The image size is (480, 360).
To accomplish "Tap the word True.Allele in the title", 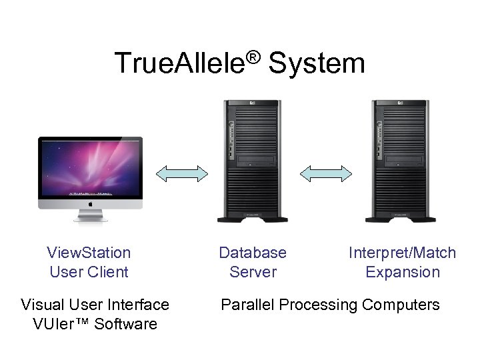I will pos(180,64).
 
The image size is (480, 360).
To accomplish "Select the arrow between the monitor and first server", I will pos(181,173).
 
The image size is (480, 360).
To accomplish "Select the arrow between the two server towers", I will pos(325,173).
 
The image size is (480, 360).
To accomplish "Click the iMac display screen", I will pos(90,167).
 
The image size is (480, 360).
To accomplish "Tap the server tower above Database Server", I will pos(253,160).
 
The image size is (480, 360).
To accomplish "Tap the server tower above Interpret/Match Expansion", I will pos(401,160).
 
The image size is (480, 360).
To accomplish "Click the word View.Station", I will pos(89,253).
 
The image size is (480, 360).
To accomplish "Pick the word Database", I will pos(253,253).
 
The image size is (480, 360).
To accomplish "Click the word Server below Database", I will pos(253,272).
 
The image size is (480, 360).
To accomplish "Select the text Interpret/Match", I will pos(402,253).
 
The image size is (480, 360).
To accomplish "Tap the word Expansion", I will pos(403,272).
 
